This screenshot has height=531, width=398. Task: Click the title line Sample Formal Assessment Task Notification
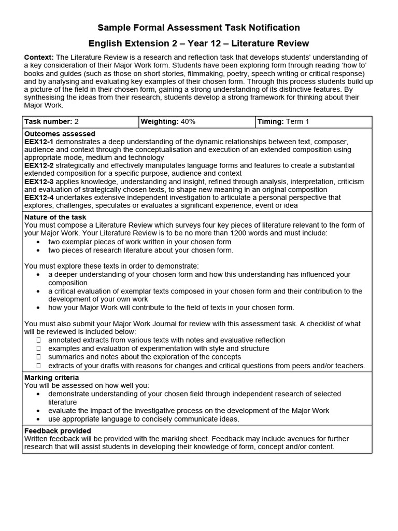tap(199, 27)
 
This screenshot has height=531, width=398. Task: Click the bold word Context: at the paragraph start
tap(39, 57)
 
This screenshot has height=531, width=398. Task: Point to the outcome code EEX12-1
tap(39, 142)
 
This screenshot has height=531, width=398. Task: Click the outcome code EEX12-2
tap(39, 165)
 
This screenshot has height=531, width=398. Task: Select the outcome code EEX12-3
tap(39, 181)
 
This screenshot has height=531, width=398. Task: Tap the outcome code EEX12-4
tap(39, 198)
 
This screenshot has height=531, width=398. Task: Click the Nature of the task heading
tap(55, 217)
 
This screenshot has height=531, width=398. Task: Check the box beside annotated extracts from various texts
tap(39, 340)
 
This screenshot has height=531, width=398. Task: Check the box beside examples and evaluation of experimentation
tap(39, 348)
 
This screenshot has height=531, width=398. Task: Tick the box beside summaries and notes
tap(39, 357)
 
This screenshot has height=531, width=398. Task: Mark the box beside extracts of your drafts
tap(39, 366)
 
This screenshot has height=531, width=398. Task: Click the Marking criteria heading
tap(52, 378)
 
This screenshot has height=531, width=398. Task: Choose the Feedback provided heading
tap(58, 431)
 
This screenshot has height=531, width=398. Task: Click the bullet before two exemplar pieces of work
tap(39, 242)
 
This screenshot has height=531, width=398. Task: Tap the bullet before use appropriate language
tap(39, 419)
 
